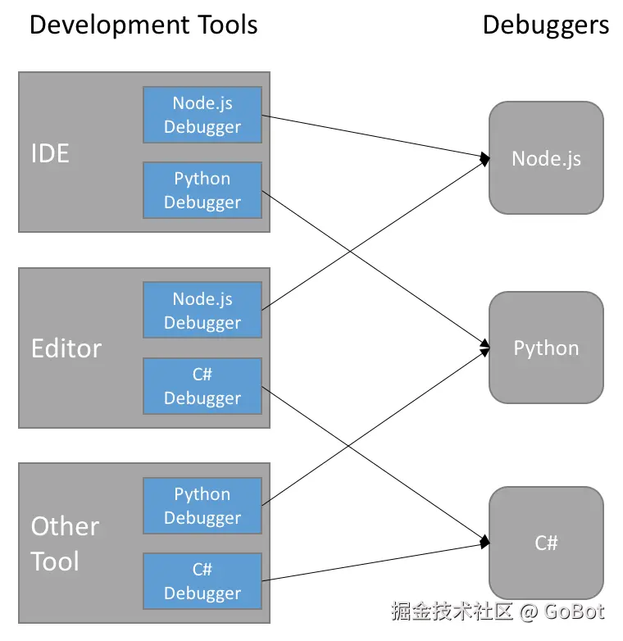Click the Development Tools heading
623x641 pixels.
coord(143,25)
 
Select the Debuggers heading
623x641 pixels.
coord(546,25)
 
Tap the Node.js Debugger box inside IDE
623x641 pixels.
coord(202,115)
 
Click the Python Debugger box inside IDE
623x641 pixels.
coord(202,190)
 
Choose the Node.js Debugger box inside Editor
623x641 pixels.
coord(202,310)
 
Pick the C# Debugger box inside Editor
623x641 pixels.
coord(202,386)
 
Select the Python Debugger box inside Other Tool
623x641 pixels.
coord(202,506)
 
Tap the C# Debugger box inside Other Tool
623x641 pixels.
coord(202,581)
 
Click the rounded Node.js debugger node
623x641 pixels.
coord(546,158)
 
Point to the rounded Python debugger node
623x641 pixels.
coord(546,348)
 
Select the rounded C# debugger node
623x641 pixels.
coord(546,543)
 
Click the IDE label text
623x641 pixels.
coord(50,154)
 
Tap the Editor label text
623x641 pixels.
coord(66,348)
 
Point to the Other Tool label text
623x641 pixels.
coord(65,543)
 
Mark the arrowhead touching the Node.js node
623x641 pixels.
coord(485,159)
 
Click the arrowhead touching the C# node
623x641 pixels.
coord(485,542)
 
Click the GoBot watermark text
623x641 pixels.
coord(575,611)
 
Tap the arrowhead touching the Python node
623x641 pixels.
coord(485,348)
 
